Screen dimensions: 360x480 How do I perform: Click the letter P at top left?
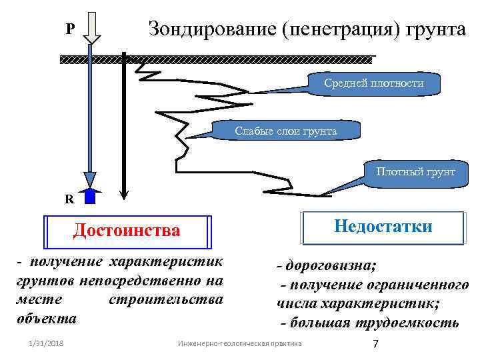click(x=70, y=29)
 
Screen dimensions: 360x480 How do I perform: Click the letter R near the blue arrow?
click(x=69, y=198)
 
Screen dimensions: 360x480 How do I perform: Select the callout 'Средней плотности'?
click(x=374, y=83)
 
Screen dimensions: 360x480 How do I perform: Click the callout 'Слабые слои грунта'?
click(x=286, y=131)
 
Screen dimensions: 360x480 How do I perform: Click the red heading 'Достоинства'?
click(x=127, y=231)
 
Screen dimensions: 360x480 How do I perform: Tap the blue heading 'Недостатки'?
click(x=383, y=227)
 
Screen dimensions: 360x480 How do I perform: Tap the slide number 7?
click(x=375, y=343)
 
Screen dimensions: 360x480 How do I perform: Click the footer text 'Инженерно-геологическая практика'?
click(x=240, y=343)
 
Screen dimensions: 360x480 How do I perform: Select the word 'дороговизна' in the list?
click(x=330, y=266)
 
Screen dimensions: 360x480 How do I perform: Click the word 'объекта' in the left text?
click(x=47, y=319)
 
